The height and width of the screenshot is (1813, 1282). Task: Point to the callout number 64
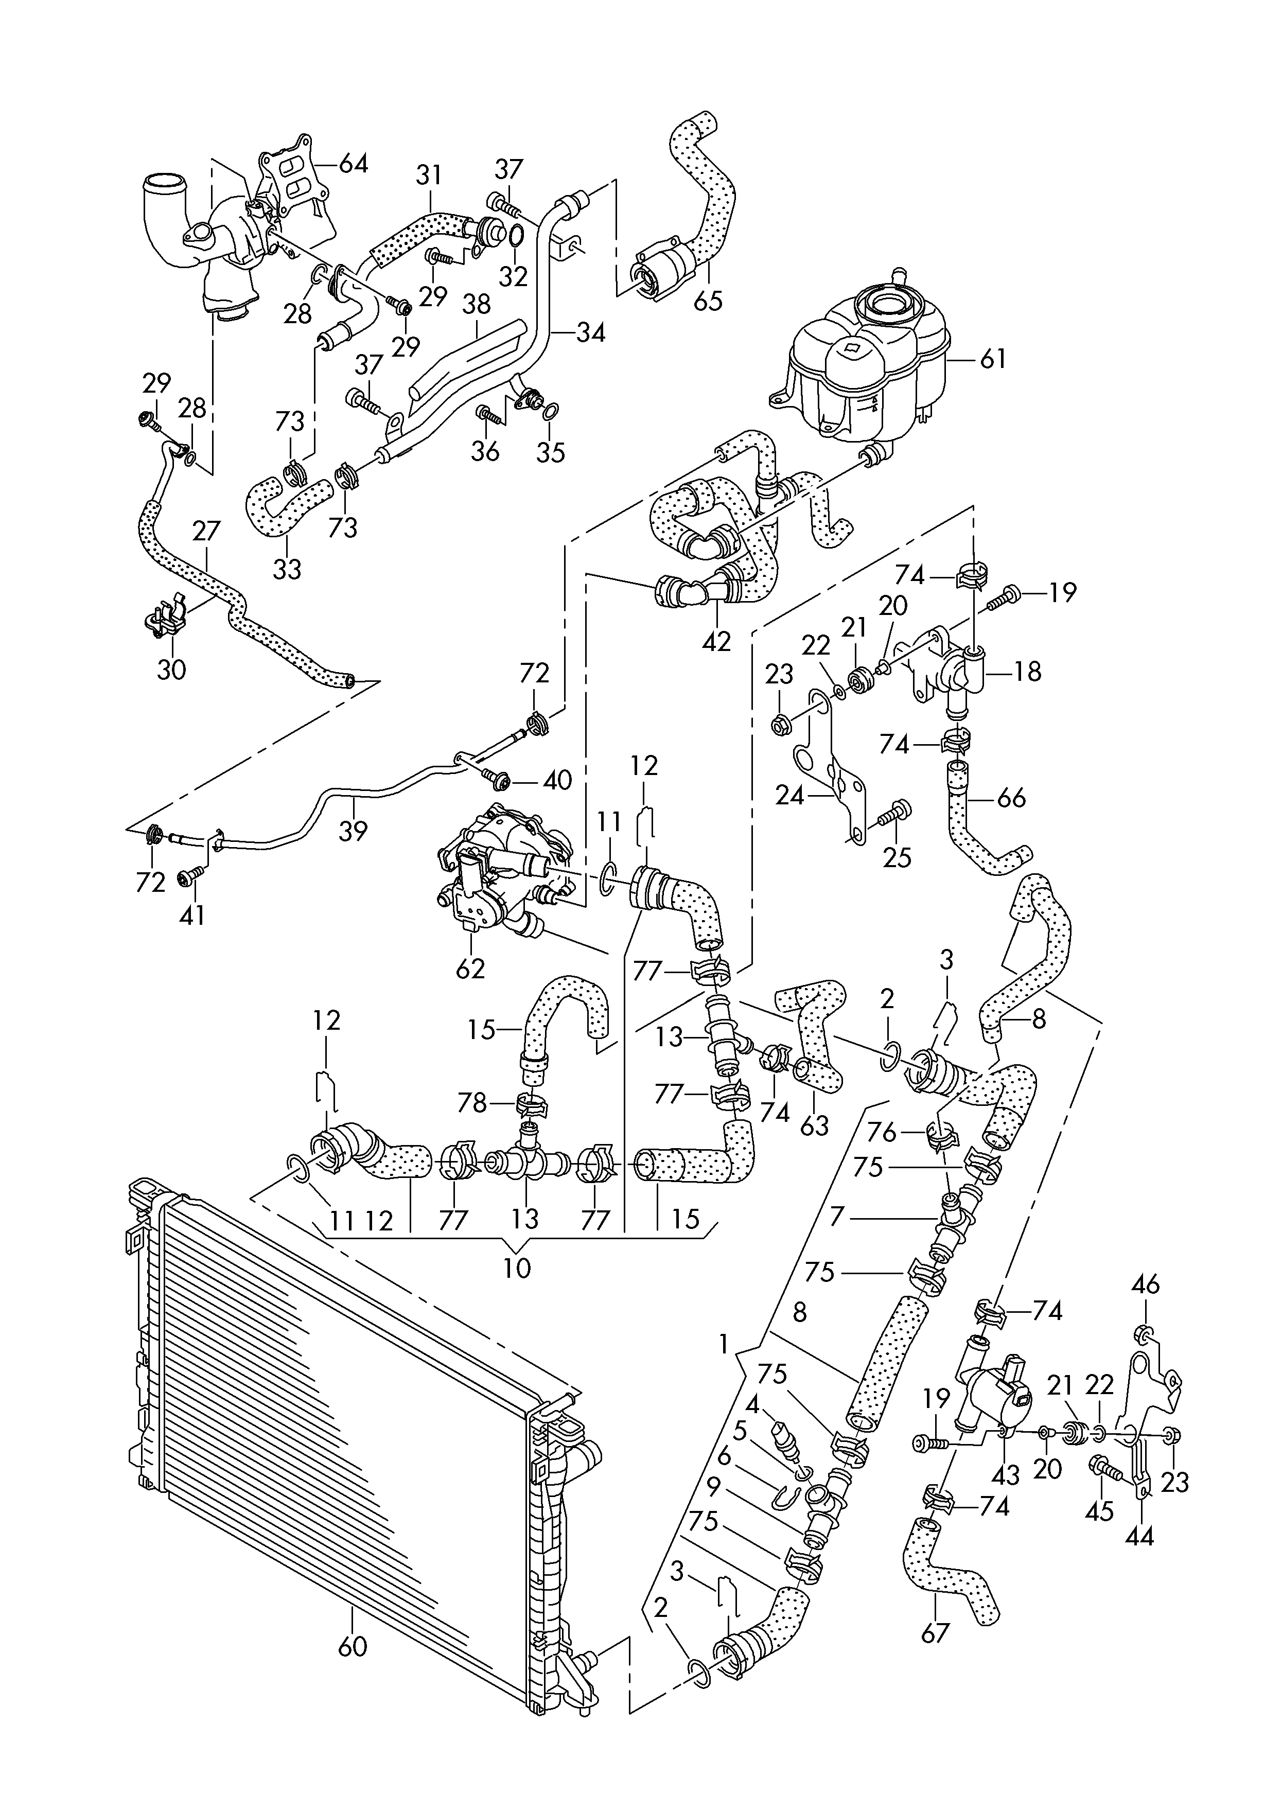point(353,164)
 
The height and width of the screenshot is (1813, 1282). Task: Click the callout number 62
point(471,967)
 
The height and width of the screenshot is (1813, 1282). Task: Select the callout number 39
point(353,830)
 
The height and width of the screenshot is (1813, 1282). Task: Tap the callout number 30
point(171,670)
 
